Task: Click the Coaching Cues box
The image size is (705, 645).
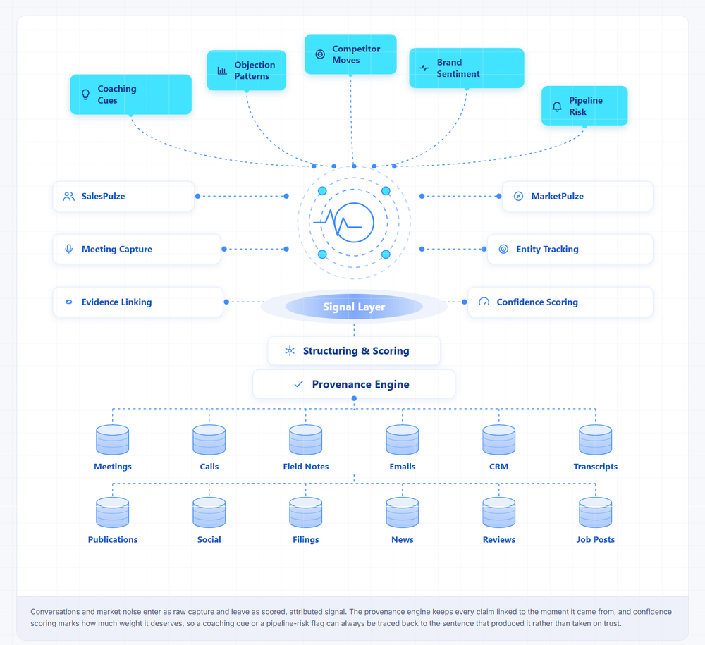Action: pyautogui.click(x=131, y=94)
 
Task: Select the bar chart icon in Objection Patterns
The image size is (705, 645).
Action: pyautogui.click(x=222, y=70)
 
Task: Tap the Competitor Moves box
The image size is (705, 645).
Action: pyautogui.click(x=350, y=54)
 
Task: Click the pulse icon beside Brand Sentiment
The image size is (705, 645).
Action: pyautogui.click(x=424, y=68)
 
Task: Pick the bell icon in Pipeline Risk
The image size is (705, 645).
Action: pyautogui.click(x=557, y=106)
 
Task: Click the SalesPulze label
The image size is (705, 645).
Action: pyautogui.click(x=104, y=197)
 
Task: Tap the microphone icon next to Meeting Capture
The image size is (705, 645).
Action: pyautogui.click(x=69, y=249)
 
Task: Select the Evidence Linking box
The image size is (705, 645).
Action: pyautogui.click(x=138, y=302)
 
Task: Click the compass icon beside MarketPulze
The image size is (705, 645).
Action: pyautogui.click(x=518, y=197)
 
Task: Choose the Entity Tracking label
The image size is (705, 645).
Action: pyautogui.click(x=547, y=249)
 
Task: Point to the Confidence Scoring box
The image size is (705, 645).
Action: pyautogui.click(x=560, y=302)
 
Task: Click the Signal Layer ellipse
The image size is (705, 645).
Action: pyautogui.click(x=354, y=307)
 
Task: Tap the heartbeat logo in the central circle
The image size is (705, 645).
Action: pyautogui.click(x=344, y=223)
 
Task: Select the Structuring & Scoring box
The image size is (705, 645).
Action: pyautogui.click(x=354, y=351)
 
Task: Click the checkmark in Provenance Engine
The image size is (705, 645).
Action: pyautogui.click(x=298, y=384)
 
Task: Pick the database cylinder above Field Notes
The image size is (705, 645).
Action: pyautogui.click(x=306, y=440)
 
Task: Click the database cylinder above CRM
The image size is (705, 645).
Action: pyautogui.click(x=499, y=440)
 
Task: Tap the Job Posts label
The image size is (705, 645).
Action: pyautogui.click(x=595, y=540)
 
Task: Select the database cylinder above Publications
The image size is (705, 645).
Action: pyautogui.click(x=112, y=512)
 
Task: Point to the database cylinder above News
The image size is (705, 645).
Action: pyautogui.click(x=403, y=512)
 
